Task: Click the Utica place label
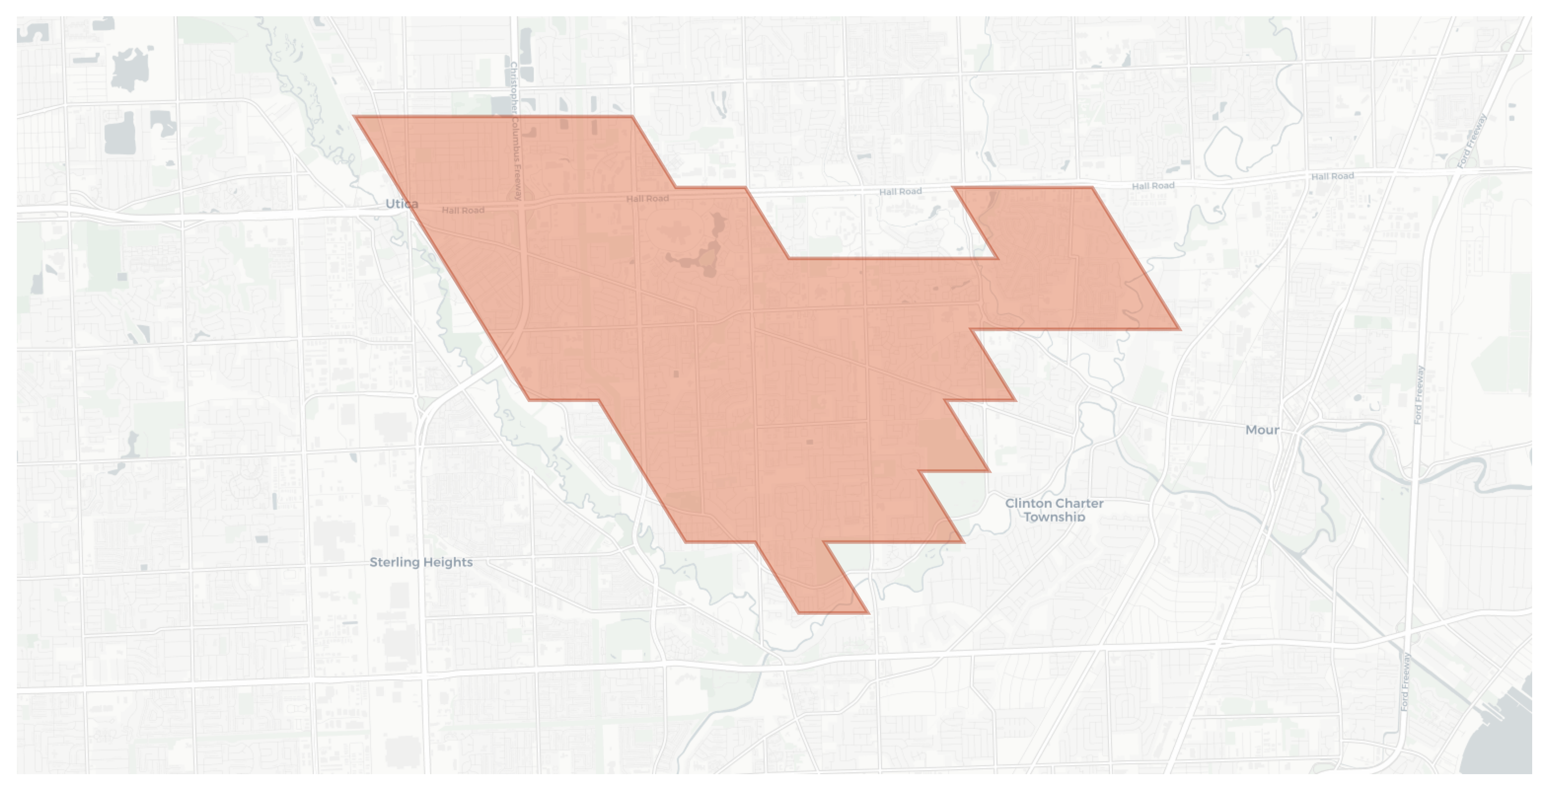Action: (x=401, y=204)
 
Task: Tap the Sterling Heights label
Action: (x=421, y=563)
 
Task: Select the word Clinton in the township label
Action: (x=1029, y=504)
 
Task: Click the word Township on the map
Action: (x=1054, y=517)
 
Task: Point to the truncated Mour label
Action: (x=1262, y=430)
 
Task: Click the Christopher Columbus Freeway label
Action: (x=516, y=131)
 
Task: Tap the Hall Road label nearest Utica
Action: (x=463, y=210)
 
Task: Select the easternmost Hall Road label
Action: (x=1332, y=176)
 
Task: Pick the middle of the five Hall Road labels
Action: (x=900, y=191)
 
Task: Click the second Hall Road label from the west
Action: (x=648, y=199)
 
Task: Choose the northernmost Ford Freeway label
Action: (x=1472, y=141)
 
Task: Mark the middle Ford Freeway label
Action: (x=1419, y=395)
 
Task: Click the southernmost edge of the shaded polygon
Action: (x=833, y=612)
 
